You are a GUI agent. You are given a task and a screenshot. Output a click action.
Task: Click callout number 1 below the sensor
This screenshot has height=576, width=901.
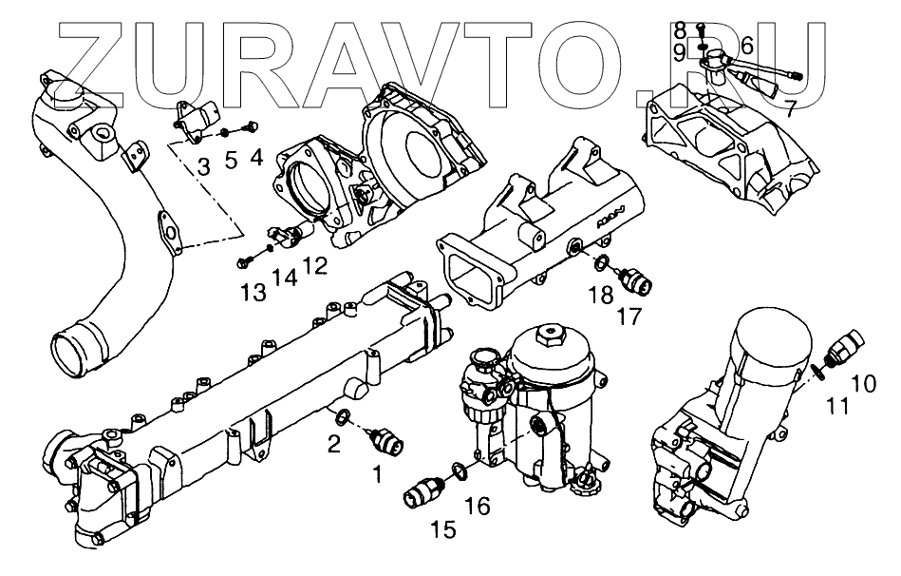click(377, 473)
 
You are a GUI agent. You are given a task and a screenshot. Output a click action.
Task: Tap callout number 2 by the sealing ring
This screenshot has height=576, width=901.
click(333, 442)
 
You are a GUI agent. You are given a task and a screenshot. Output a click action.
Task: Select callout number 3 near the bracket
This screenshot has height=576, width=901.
click(204, 167)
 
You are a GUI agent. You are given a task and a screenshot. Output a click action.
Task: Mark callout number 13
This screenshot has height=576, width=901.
click(253, 292)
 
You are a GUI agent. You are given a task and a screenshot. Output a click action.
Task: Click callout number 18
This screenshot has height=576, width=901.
click(599, 297)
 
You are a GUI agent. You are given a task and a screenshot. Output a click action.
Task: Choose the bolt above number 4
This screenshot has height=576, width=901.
click(253, 124)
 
